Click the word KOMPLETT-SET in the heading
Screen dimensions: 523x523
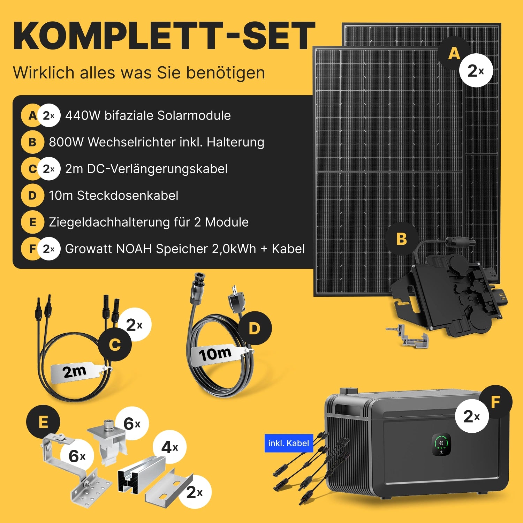pos(164,36)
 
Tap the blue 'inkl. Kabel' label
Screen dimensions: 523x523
pos(289,443)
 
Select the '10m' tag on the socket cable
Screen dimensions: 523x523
pos(215,354)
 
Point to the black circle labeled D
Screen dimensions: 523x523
pos(255,328)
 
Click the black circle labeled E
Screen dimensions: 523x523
pos(43,422)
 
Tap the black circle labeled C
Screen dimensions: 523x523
pos(115,345)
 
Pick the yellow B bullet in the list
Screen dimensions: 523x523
pos(32,142)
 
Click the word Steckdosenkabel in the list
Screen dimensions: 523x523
pos(128,196)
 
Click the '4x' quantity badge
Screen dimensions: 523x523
pos(170,447)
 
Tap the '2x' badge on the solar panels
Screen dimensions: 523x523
pos(476,70)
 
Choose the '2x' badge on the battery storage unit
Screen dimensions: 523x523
pos(472,416)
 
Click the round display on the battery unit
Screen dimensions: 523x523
pos(441,445)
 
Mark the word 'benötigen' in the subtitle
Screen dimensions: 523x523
pos(226,73)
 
